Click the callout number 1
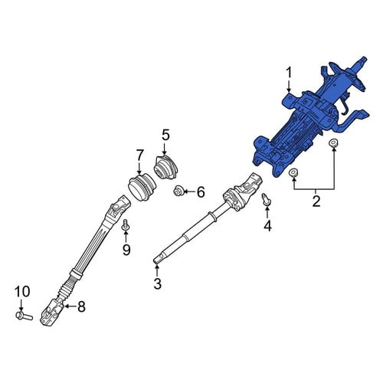pos(289,73)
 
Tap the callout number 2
pos(316,201)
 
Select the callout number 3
pos(158,283)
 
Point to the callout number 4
pos(267,225)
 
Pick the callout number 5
pos(165,135)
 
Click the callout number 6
pos(201,191)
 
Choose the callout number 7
pos(139,155)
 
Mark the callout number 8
pos(81,306)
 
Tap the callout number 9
pos(126,250)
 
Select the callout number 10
pos(22,292)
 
